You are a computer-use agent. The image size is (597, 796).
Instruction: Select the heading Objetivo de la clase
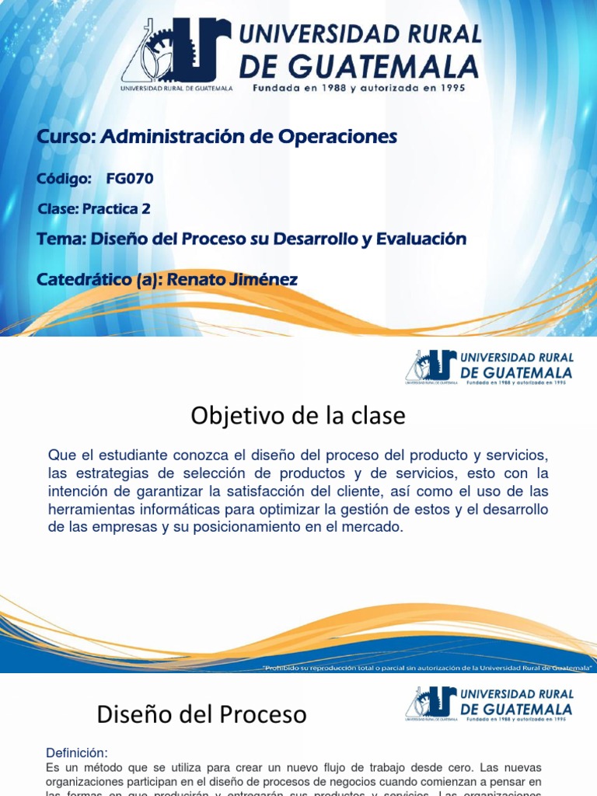pyautogui.click(x=298, y=417)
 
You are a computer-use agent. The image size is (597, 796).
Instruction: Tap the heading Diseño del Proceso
pyautogui.click(x=201, y=714)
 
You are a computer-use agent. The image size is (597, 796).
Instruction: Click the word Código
pyautogui.click(x=64, y=179)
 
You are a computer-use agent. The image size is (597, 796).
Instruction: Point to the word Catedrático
pyautogui.click(x=85, y=279)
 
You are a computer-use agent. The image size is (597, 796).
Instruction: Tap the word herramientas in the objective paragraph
pyautogui.click(x=89, y=509)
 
